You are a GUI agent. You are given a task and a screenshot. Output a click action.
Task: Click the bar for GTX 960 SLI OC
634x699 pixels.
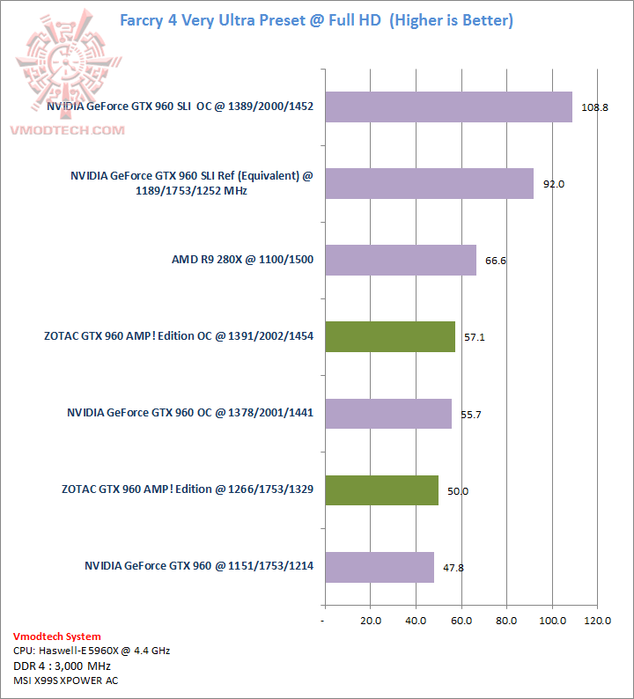449,107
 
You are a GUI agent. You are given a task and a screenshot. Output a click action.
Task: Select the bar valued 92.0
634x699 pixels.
430,183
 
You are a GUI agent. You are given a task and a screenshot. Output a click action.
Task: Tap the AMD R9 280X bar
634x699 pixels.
401,260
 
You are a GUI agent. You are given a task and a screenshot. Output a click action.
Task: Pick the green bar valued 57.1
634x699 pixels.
390,336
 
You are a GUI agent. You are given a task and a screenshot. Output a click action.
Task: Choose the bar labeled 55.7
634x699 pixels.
388,413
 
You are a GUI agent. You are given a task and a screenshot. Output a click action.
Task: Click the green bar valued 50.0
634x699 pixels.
382,490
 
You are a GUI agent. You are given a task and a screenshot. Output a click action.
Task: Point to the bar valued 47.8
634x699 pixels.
380,567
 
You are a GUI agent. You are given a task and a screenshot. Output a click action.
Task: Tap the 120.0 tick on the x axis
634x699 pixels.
597,621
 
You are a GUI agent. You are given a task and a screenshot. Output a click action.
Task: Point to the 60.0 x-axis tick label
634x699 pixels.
461,621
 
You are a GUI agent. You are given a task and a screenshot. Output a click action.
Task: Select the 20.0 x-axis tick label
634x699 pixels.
370,621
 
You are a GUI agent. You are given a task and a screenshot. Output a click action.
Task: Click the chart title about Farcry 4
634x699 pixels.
316,18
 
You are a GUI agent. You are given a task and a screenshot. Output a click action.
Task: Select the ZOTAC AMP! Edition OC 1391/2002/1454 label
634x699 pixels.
179,336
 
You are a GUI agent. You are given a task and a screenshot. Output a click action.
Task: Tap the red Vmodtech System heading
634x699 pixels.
56,636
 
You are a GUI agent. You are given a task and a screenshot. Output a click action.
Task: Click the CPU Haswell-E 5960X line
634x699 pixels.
92,651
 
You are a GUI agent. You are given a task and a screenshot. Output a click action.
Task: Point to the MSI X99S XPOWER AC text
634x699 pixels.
65,681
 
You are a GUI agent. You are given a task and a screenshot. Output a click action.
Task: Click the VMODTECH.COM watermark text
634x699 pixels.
67,130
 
